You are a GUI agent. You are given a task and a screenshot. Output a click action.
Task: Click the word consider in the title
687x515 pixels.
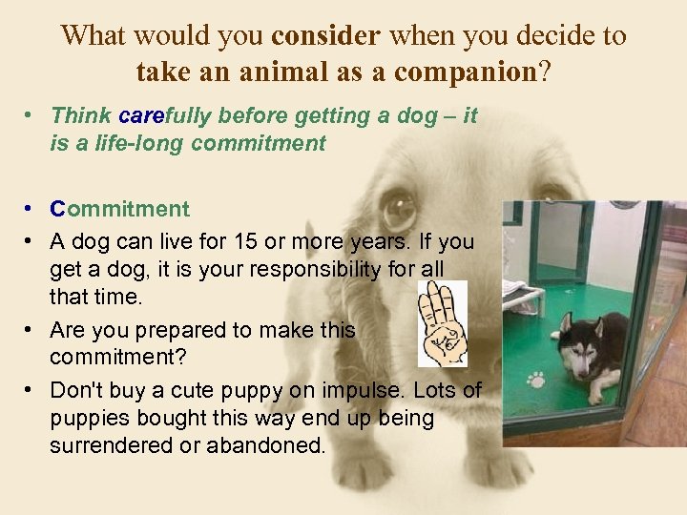325,36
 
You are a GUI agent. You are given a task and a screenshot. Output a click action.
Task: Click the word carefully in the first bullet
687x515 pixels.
167,116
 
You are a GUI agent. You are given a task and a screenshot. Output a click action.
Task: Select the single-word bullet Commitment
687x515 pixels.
120,209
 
